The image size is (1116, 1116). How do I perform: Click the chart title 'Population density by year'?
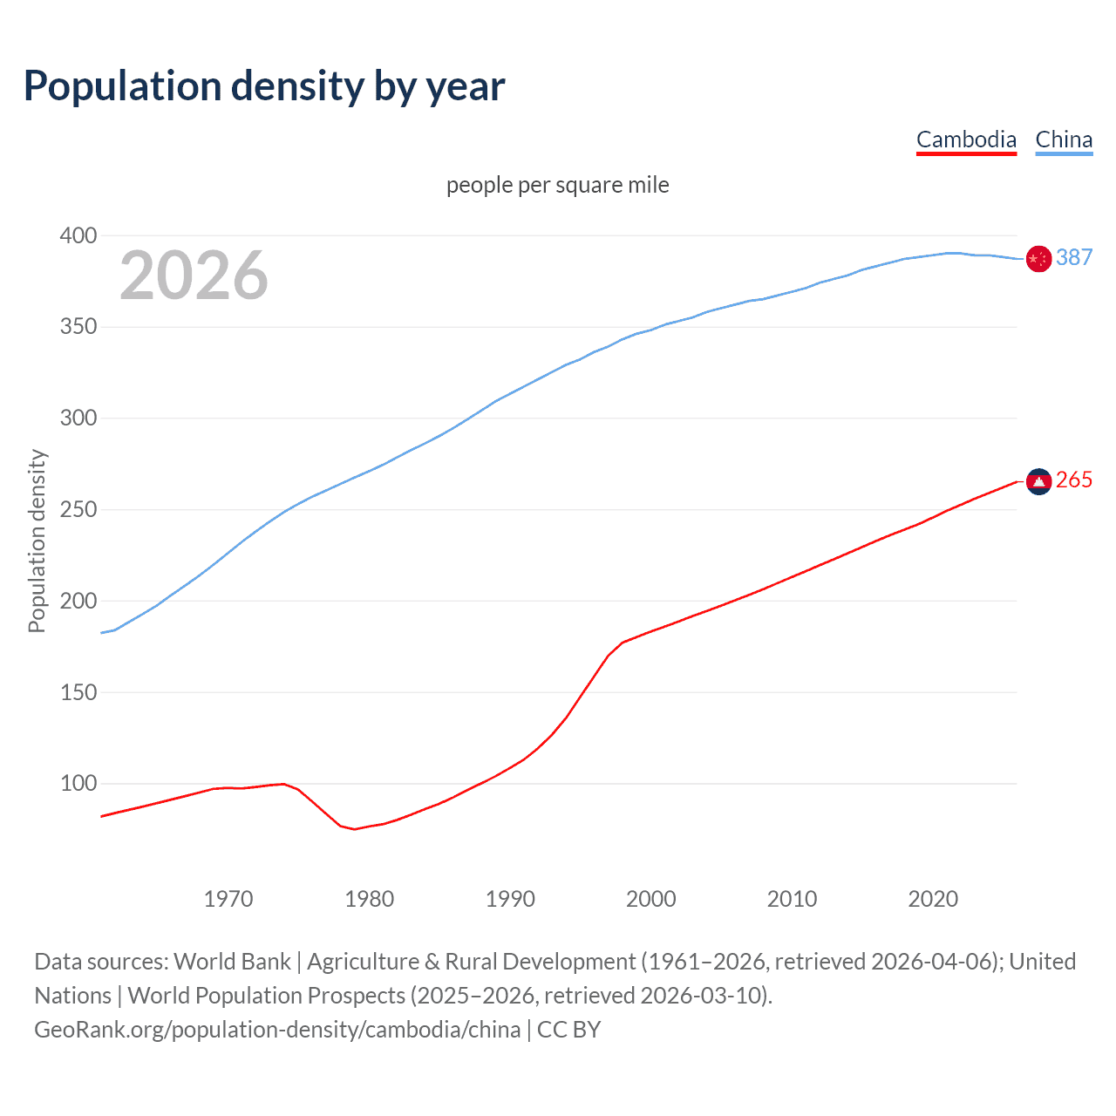coord(264,86)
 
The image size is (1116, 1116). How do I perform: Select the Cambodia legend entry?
coord(966,139)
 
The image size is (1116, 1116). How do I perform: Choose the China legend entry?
coord(1064,139)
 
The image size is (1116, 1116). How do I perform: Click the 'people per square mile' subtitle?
coord(557,185)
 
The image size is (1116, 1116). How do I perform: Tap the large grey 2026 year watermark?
coord(194,276)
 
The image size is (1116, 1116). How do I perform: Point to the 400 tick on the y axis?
coord(78,235)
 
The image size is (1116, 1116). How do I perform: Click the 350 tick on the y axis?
coord(78,327)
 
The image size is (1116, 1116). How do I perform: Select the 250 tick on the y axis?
coord(78,509)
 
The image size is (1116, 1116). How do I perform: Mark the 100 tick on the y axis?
coord(78,783)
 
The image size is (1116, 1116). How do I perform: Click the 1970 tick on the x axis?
coord(228,899)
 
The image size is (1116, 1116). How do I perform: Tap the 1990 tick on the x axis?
coord(510,899)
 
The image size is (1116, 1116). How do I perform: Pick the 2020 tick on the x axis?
coord(933,899)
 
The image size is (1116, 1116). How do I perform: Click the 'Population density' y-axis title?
coord(37,541)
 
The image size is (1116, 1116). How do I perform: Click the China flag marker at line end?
coord(1038,258)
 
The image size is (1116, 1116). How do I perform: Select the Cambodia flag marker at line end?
coord(1038,481)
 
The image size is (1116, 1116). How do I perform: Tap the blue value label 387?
coord(1074,257)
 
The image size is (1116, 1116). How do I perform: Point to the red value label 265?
coord(1074,480)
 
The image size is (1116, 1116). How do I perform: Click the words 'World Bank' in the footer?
coord(232,962)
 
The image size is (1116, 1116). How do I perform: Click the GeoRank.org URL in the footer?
coord(277,1030)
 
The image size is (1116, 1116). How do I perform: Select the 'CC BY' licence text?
coord(569,1030)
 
